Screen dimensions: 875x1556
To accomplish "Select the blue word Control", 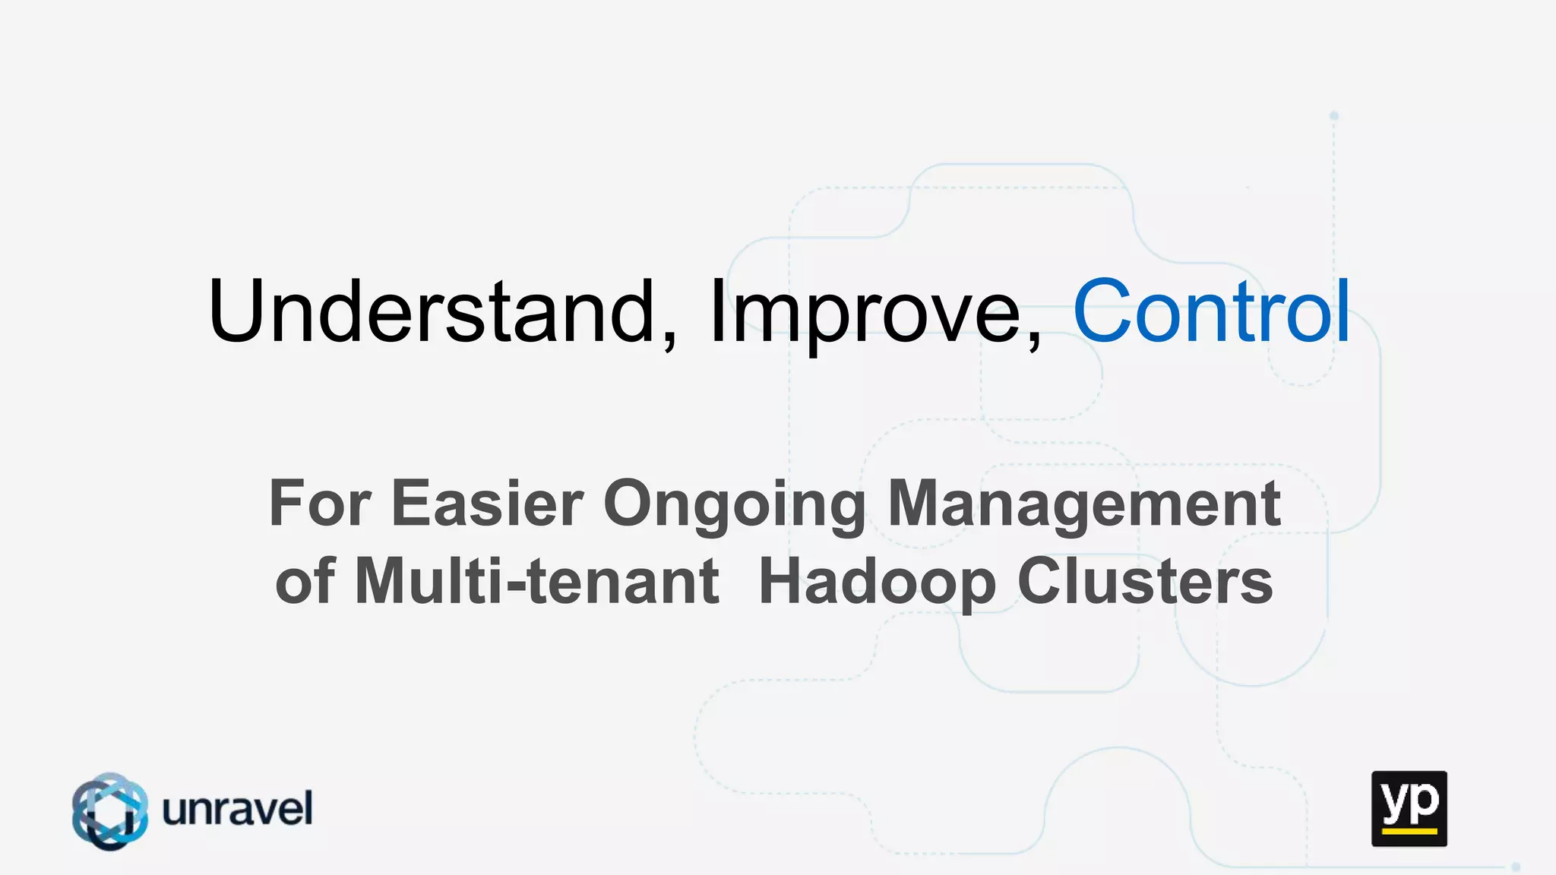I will click(x=1211, y=311).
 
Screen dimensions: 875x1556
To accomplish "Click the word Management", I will click(x=1084, y=504).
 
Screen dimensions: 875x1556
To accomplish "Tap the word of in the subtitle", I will click(x=305, y=581).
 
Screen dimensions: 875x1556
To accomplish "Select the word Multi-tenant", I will click(x=536, y=581).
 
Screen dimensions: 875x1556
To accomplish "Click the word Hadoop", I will click(x=878, y=583).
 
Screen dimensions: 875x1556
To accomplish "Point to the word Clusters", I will click(x=1145, y=581).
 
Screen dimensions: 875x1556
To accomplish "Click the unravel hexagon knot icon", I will click(x=110, y=810).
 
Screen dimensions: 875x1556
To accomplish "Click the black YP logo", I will click(x=1409, y=808).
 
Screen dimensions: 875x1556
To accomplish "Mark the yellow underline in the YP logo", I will click(x=1409, y=832).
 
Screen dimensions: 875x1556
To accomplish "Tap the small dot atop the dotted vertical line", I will click(x=1334, y=116).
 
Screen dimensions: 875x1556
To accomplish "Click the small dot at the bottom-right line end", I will click(x=1516, y=867).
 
